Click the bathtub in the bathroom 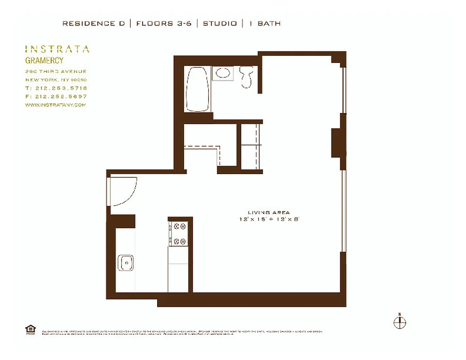tap(197, 89)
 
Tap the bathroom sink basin tap(222, 73)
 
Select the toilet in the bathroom tap(246, 76)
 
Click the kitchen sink tap(126, 262)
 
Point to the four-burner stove tap(179, 234)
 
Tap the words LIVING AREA tap(269, 212)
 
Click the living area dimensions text tap(269, 219)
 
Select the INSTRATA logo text tap(57, 49)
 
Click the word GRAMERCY tap(44, 60)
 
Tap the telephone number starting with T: tap(56, 88)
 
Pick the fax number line tap(56, 96)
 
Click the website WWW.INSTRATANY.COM tap(55, 105)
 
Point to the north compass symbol tap(399, 322)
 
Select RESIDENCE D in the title tap(94, 23)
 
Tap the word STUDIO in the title tap(220, 23)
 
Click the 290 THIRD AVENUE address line tap(56, 72)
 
